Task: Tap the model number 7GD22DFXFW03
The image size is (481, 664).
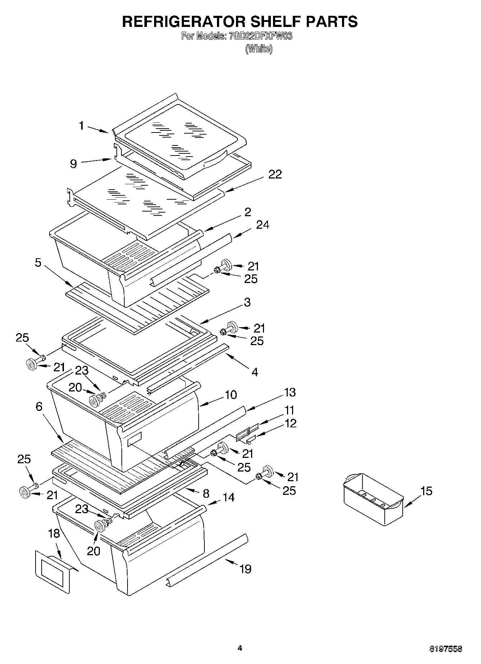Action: pyautogui.click(x=260, y=36)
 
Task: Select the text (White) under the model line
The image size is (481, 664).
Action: pyautogui.click(x=259, y=49)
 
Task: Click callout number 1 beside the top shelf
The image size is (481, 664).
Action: pyautogui.click(x=82, y=126)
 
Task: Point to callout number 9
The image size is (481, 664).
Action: pyautogui.click(x=73, y=164)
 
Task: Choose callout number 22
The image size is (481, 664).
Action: pyautogui.click(x=275, y=175)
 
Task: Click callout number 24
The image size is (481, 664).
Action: pyautogui.click(x=263, y=225)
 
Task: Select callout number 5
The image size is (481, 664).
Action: pyautogui.click(x=38, y=263)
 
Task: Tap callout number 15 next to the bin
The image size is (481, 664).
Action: pyautogui.click(x=426, y=491)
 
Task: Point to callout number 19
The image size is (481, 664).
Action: pyautogui.click(x=245, y=569)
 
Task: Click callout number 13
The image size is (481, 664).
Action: pyautogui.click(x=290, y=392)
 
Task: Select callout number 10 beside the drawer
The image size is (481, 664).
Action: pyautogui.click(x=231, y=395)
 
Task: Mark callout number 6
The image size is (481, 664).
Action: pyautogui.click(x=39, y=407)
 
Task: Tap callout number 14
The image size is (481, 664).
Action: pyautogui.click(x=228, y=497)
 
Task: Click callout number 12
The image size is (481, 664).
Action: pyautogui.click(x=291, y=423)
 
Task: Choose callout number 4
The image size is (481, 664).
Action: pyautogui.click(x=255, y=372)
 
